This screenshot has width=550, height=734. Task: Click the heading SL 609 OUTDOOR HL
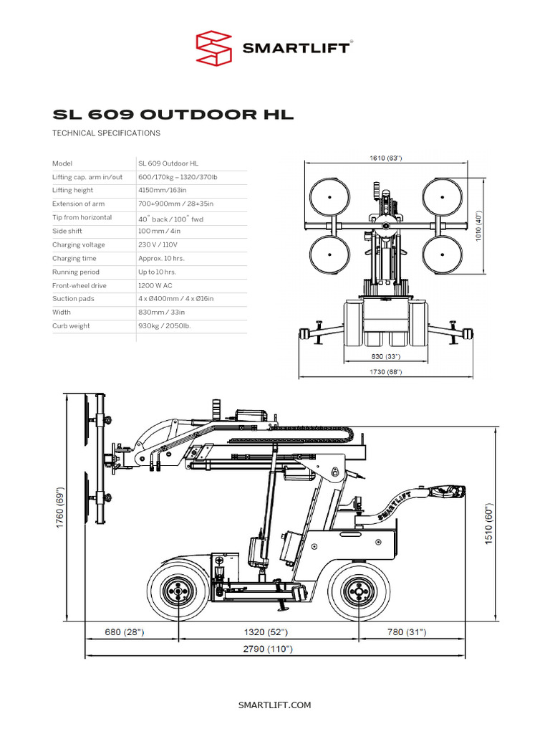(x=173, y=115)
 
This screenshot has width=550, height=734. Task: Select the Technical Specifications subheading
(x=107, y=133)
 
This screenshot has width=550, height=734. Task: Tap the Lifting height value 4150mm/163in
(x=163, y=190)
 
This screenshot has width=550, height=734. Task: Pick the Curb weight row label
(x=71, y=325)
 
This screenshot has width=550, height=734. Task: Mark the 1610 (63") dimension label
(x=385, y=158)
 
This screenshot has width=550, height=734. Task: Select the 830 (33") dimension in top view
(x=385, y=356)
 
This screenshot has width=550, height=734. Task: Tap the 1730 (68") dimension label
(x=385, y=372)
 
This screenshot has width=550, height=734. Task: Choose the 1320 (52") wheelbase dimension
(x=265, y=631)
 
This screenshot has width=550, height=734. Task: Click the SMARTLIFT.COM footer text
(x=275, y=705)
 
